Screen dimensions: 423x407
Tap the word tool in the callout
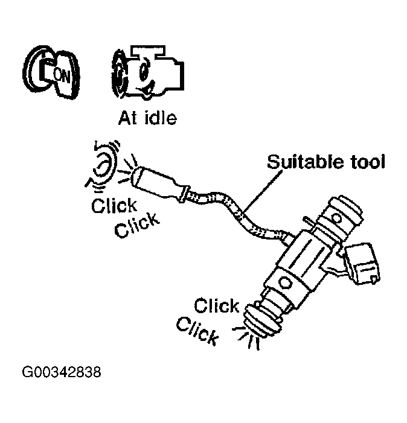pos(366,162)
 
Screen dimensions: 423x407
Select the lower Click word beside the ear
pos(137,226)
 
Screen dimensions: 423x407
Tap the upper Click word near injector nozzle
pos(216,305)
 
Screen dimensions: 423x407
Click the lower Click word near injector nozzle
pos(197,330)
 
